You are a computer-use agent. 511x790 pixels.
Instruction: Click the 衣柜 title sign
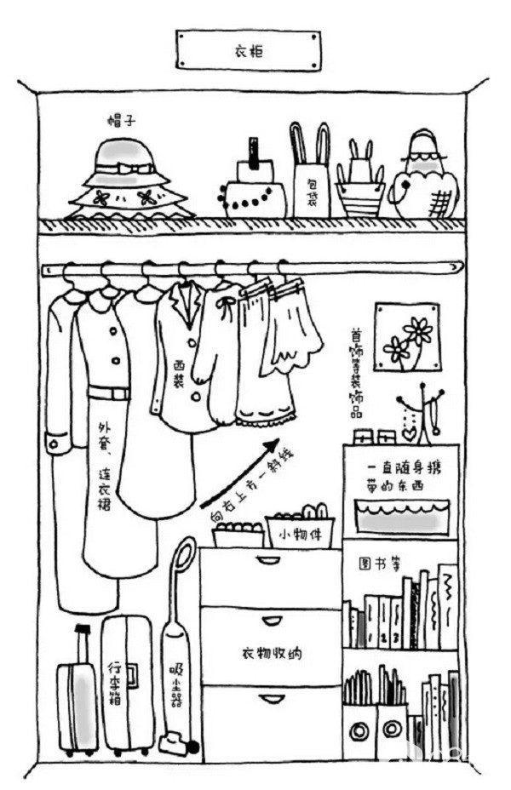tap(248, 51)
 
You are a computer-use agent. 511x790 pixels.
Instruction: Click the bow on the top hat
tap(125, 169)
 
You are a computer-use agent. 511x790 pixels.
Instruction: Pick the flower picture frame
tap(406, 337)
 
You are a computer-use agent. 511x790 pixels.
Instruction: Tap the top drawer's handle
tap(269, 560)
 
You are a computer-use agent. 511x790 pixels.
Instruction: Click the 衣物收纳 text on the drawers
tap(270, 654)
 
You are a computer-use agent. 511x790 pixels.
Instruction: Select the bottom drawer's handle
tap(271, 699)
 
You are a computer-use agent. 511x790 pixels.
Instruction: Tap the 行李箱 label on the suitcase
tap(115, 681)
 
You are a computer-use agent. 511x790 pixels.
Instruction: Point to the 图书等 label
tap(373, 564)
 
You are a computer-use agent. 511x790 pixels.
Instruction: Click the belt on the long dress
tap(109, 392)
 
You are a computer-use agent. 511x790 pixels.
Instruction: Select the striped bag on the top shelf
tap(359, 197)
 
